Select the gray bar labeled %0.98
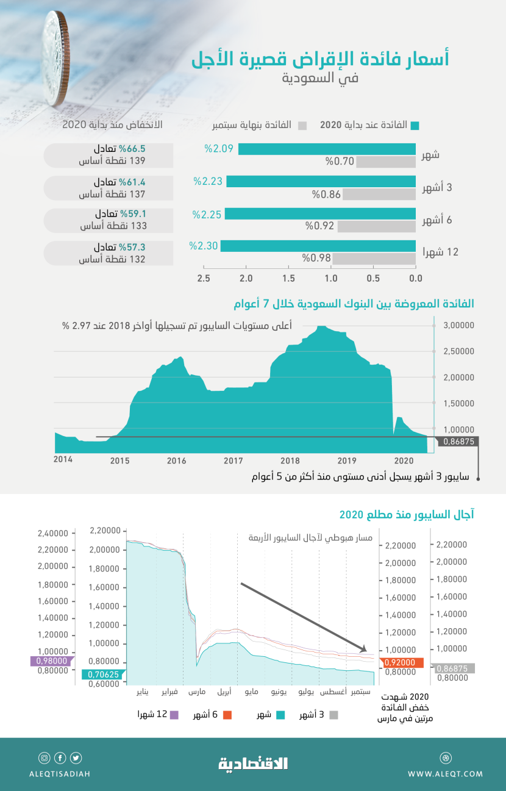pos(374,259)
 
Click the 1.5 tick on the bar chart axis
pos(288,278)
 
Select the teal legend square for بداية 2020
pos(415,126)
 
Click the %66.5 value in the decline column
pos(132,148)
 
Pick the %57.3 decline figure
pos(132,247)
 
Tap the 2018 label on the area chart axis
pos(290,460)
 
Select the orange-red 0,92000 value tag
pos(399,662)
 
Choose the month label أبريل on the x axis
pos(224,692)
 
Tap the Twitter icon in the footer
pos(76,758)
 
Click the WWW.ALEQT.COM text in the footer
pos(445,774)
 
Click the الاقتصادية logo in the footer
pos(253,763)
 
